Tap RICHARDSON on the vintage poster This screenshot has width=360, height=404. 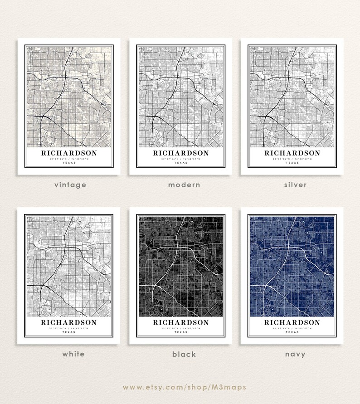point(69,153)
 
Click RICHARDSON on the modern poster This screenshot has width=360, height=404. point(181,153)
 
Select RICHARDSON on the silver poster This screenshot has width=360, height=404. point(292,153)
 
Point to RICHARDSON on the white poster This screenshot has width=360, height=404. point(69,322)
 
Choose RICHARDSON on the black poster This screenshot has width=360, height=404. point(181,322)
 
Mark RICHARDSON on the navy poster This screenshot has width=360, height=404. point(292,322)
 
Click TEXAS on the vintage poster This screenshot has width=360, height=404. point(69,163)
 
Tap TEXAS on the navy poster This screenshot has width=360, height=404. point(292,332)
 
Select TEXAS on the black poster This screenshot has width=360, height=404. point(181,332)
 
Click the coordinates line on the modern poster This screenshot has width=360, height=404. point(181,159)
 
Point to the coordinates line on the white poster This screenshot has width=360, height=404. point(69,328)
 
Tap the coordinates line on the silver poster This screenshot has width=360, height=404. point(292,159)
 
